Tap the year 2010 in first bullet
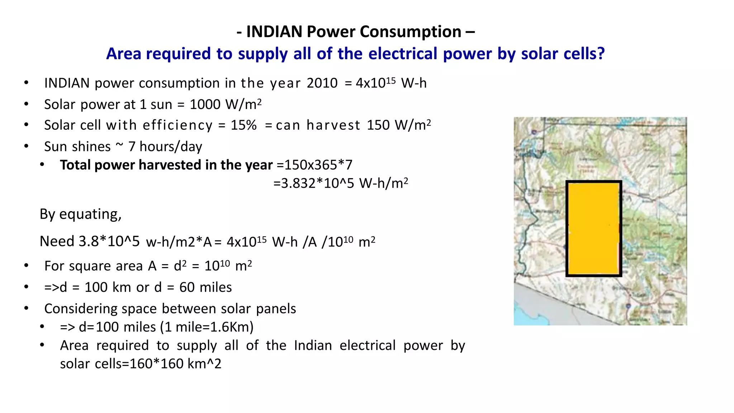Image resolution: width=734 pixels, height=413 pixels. pos(322,83)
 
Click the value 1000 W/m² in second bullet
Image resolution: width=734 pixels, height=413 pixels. pos(225,104)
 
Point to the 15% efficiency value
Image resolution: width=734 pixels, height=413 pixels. pos(244,125)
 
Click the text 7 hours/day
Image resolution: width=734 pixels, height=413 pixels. pos(165,147)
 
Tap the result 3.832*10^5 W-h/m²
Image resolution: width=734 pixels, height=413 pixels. pos(340,183)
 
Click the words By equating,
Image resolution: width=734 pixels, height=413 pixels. pos(81,214)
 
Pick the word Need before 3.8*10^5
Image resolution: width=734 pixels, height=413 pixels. pos(57,241)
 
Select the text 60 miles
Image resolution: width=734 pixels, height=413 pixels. pos(205,288)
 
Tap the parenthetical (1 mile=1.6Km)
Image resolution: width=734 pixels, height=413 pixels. pos(207,327)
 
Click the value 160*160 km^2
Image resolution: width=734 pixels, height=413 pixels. pos(175,364)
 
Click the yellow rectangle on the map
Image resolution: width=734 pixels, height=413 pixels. pos(594,229)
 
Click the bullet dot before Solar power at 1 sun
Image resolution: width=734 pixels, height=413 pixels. pos(26,104)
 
